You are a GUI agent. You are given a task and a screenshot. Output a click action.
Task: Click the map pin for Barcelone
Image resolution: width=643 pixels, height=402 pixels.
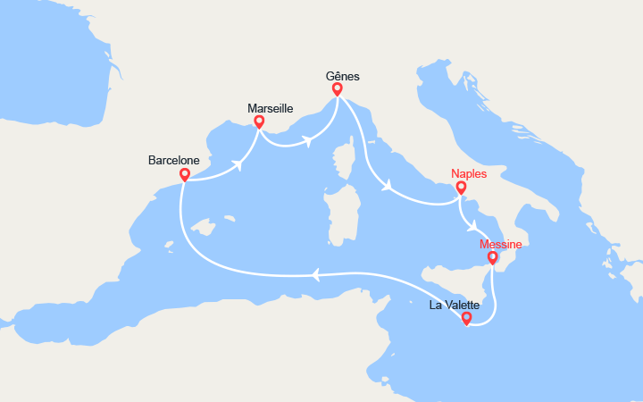point(184,174)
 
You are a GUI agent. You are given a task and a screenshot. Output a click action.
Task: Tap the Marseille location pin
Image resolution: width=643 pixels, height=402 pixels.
point(259,121)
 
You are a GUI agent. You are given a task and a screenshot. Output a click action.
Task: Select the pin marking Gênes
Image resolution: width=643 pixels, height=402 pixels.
point(338,88)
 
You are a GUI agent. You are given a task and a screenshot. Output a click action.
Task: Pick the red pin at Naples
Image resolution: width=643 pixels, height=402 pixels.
point(461,188)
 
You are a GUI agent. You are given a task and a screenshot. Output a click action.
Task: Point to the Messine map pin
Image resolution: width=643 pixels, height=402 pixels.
point(492,258)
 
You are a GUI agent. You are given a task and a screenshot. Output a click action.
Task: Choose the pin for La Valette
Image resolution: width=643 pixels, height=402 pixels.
point(466,317)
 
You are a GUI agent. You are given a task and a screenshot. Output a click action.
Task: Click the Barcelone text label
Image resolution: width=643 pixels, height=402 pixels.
point(173,161)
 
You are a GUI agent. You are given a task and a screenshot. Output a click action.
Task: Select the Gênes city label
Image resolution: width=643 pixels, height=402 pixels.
point(342,77)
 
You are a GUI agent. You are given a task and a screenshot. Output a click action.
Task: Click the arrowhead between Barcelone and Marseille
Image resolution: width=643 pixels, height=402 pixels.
point(238,165)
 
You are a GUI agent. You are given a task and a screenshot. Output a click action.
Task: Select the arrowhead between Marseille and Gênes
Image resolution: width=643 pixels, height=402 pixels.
point(308,139)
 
